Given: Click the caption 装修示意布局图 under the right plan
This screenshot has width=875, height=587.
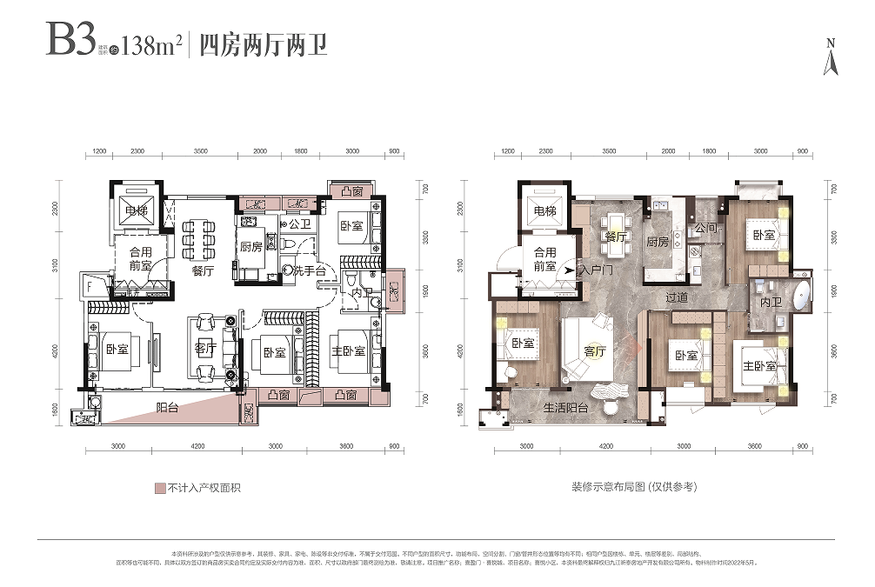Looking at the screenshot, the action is (635, 488).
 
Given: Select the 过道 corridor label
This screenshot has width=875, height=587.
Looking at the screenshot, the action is (678, 297).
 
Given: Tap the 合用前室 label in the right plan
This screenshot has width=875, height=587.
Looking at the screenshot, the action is (544, 260).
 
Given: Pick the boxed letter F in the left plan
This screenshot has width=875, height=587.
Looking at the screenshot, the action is (90, 283).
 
